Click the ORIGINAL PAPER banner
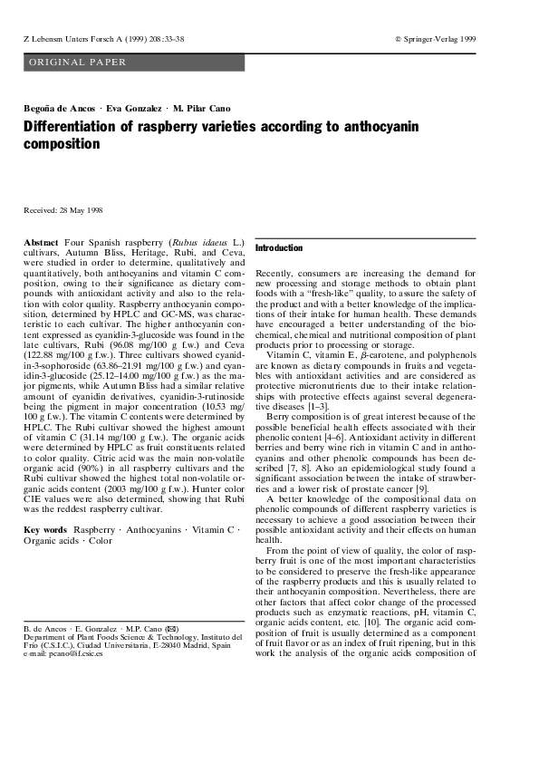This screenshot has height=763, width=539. pyautogui.click(x=78, y=63)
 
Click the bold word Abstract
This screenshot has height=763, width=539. pyautogui.click(x=39, y=245)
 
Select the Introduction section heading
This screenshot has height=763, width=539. pyautogui.click(x=279, y=247)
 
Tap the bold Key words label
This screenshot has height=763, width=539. pyautogui.click(x=44, y=527)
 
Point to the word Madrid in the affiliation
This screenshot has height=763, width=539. pyautogui.click(x=206, y=645)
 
